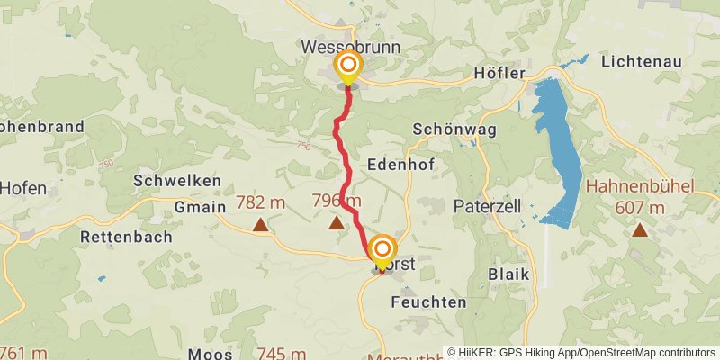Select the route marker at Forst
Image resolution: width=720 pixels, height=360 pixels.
[x=382, y=250]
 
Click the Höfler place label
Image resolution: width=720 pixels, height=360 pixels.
[x=499, y=73]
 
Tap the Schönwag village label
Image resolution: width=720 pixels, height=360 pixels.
[x=442, y=129]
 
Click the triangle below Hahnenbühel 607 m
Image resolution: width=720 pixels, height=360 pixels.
[x=639, y=229]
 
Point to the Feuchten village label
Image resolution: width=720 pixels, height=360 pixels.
[x=429, y=302]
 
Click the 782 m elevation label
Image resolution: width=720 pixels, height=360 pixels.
[x=260, y=202]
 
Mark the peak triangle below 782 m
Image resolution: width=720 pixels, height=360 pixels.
[x=260, y=225]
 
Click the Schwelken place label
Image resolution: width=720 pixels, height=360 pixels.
[x=176, y=181]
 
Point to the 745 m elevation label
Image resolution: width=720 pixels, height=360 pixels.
[x=281, y=353]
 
